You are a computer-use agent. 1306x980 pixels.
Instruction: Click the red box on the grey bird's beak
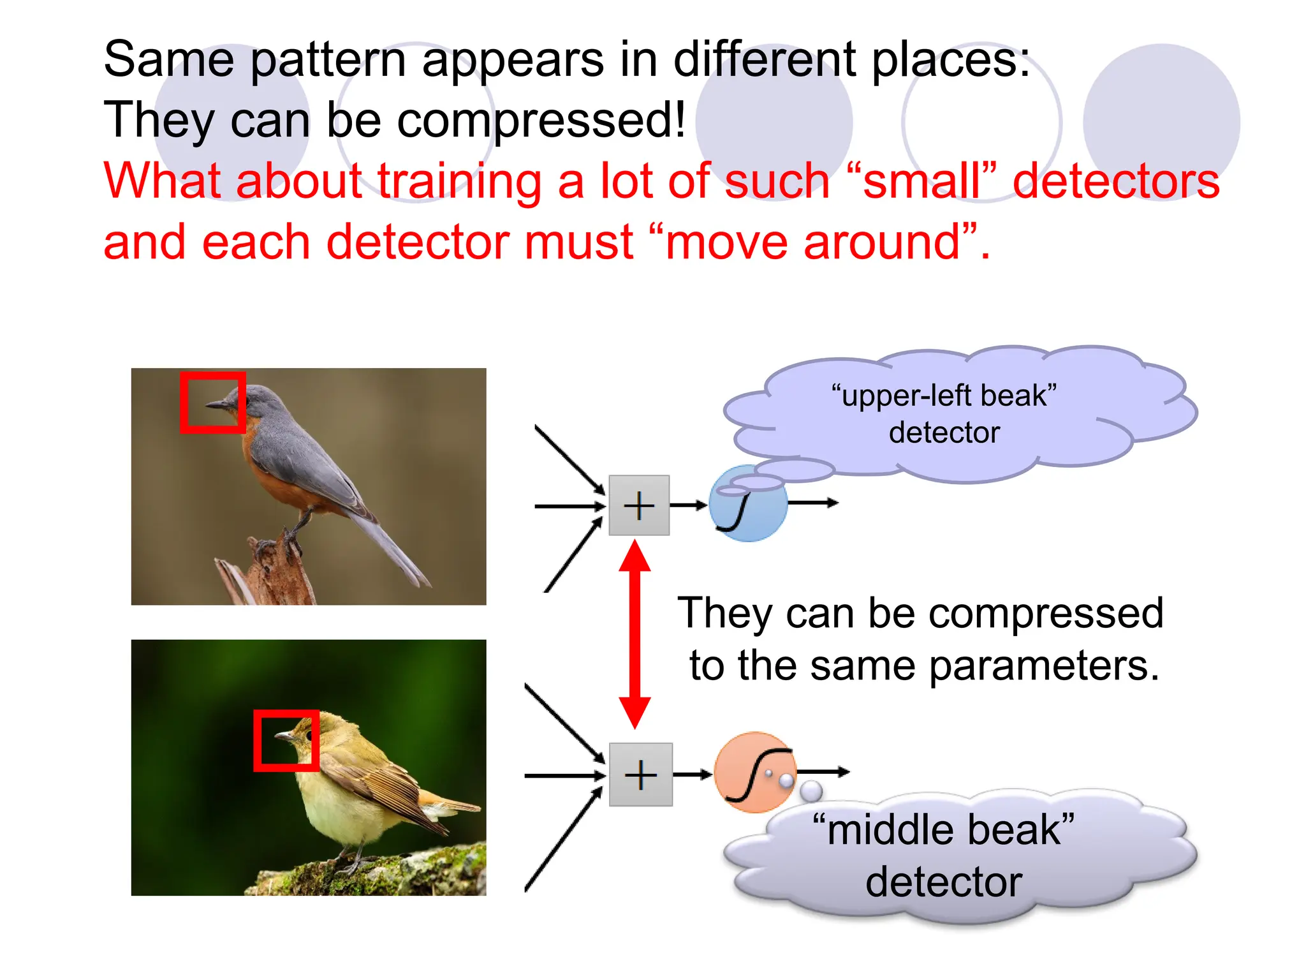tap(213, 403)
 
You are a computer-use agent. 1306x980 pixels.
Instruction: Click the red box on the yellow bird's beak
tap(286, 740)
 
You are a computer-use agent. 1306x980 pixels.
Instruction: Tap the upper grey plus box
tap(639, 505)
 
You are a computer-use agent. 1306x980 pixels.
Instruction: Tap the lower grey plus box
tap(640, 775)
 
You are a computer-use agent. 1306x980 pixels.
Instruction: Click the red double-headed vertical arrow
tap(635, 634)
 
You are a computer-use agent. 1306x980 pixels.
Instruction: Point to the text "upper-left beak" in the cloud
tap(944, 396)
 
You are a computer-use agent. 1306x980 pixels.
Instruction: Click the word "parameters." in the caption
tap(1043, 666)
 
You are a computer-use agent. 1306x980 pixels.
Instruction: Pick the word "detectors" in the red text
tap(1116, 181)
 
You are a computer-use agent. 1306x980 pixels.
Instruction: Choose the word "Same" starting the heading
tap(170, 59)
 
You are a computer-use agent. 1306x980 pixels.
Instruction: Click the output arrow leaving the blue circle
tap(813, 503)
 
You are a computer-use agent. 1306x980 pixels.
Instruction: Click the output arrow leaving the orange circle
tap(824, 772)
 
